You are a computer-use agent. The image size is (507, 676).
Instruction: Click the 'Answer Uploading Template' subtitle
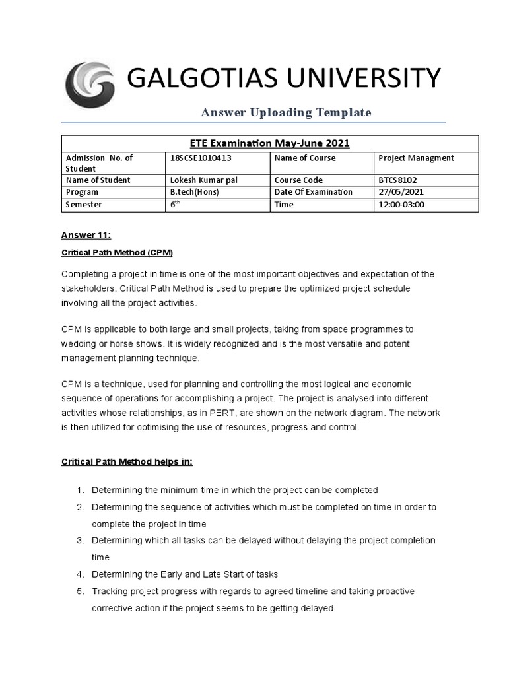pyautogui.click(x=286, y=112)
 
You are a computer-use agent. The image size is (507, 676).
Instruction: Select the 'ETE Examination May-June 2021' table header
pyautogui.click(x=270, y=143)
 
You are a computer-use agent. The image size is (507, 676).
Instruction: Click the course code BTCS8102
pyautogui.click(x=398, y=180)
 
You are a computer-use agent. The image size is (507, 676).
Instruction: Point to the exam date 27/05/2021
pyautogui.click(x=401, y=192)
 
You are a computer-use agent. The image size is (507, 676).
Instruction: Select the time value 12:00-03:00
pyautogui.click(x=401, y=205)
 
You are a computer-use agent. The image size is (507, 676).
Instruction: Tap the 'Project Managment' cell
pyautogui.click(x=416, y=158)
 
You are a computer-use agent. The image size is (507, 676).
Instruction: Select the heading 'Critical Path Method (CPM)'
pyautogui.click(x=117, y=253)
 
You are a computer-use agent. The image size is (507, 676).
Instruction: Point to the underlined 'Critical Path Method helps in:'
pyautogui.click(x=127, y=462)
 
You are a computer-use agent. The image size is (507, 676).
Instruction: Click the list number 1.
pyautogui.click(x=79, y=490)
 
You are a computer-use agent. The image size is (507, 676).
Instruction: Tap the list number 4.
pyautogui.click(x=79, y=574)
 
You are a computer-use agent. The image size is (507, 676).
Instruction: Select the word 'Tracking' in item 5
pyautogui.click(x=110, y=591)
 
